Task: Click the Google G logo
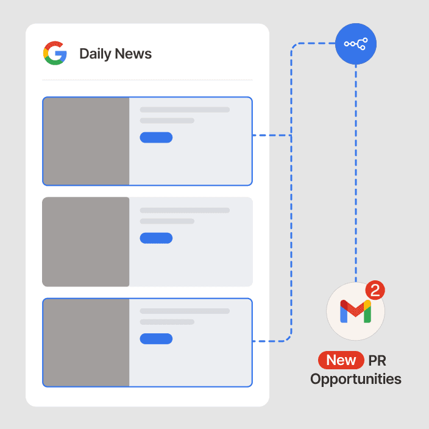(55, 53)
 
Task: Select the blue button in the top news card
(156, 137)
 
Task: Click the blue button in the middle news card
(156, 238)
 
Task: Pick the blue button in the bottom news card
(156, 338)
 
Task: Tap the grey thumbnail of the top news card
(86, 141)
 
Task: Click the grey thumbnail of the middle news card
(86, 241)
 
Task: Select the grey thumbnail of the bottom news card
(86, 342)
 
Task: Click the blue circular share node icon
(356, 44)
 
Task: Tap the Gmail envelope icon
(355, 312)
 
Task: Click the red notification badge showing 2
(375, 291)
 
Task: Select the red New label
(341, 360)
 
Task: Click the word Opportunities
(355, 379)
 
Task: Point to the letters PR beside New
(377, 360)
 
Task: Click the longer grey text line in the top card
(185, 110)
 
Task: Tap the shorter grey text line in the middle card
(167, 221)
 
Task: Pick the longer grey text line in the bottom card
(185, 311)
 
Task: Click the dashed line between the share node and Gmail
(356, 171)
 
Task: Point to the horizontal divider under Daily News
(147, 80)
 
